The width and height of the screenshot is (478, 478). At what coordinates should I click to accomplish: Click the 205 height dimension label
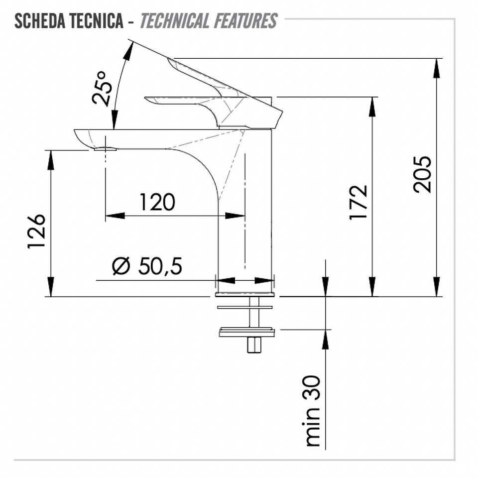point(423,174)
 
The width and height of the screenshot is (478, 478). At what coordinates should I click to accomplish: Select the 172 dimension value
point(358,202)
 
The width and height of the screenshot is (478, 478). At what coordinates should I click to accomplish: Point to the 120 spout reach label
point(157,202)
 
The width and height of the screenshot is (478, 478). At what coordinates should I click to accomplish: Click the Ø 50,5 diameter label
point(147,266)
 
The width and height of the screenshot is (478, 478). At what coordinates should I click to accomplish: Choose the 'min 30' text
point(313,411)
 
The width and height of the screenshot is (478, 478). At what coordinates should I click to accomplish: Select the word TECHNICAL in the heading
point(174,21)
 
